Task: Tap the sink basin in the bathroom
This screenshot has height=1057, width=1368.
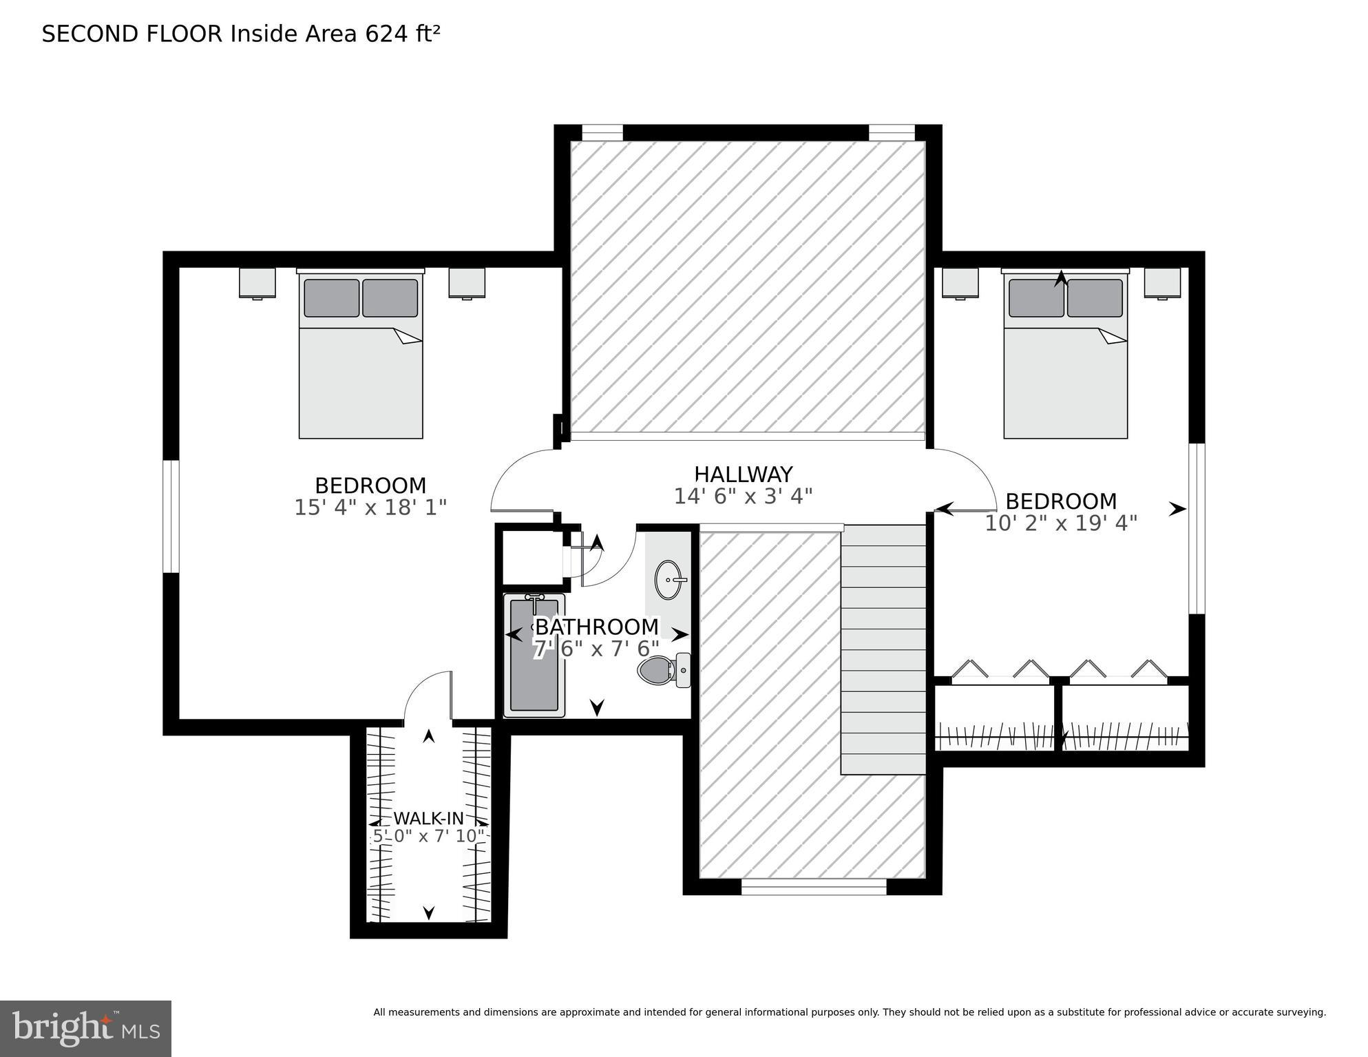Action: click(x=669, y=580)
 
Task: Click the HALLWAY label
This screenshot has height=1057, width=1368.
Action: click(x=743, y=474)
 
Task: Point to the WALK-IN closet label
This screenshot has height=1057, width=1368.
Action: click(x=428, y=819)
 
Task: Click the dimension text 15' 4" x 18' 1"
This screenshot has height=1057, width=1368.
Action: click(x=370, y=507)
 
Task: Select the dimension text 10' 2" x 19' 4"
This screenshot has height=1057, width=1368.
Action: click(x=1060, y=523)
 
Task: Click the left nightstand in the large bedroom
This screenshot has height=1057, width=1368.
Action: click(x=257, y=283)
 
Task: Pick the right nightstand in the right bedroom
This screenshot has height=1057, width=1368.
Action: click(x=1162, y=283)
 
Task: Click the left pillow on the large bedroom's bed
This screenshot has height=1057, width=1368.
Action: click(x=331, y=298)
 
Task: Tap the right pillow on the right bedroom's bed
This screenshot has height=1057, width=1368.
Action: click(x=1095, y=298)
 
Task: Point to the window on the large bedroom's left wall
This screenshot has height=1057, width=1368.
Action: click(x=171, y=516)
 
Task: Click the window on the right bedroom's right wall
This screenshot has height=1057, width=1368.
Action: click(x=1197, y=528)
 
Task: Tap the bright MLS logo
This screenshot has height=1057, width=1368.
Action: click(x=85, y=1029)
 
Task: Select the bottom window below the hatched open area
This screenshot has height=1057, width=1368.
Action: click(x=814, y=888)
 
